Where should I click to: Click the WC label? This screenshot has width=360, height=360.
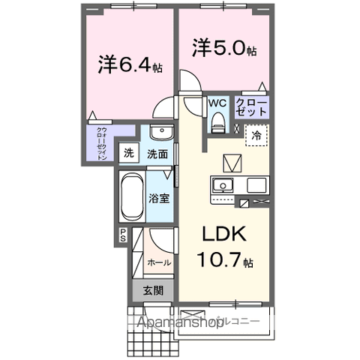217,103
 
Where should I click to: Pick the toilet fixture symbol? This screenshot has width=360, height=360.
218,121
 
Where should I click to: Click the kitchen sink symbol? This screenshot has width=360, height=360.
223,186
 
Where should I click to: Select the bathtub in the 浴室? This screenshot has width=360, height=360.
131,195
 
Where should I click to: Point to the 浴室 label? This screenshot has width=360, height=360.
158,200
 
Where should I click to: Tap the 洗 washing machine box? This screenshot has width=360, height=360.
130,154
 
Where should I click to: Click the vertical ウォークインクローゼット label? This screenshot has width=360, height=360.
101,143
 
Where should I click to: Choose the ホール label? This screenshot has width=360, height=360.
158,263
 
